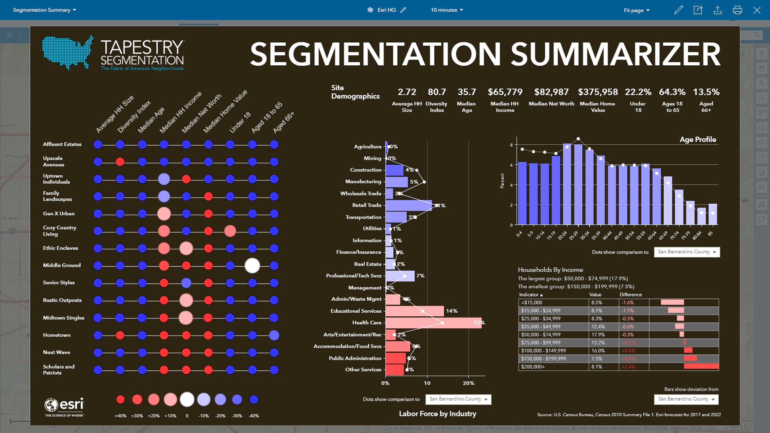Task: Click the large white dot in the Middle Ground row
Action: (x=252, y=265)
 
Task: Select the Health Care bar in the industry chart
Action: (x=433, y=323)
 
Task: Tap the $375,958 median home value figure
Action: (x=598, y=92)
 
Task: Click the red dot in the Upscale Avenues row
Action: (x=120, y=162)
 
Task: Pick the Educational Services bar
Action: (x=415, y=311)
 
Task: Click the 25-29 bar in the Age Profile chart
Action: (x=578, y=184)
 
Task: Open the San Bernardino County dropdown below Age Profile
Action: (x=687, y=252)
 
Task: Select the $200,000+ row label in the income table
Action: (x=533, y=366)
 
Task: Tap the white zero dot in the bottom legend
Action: (x=187, y=399)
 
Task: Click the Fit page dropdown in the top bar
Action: (x=636, y=10)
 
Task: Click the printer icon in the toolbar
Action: (x=737, y=10)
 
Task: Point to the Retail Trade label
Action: (x=367, y=205)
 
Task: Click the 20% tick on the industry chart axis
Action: (x=468, y=383)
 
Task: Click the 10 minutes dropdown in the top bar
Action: (x=447, y=10)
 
